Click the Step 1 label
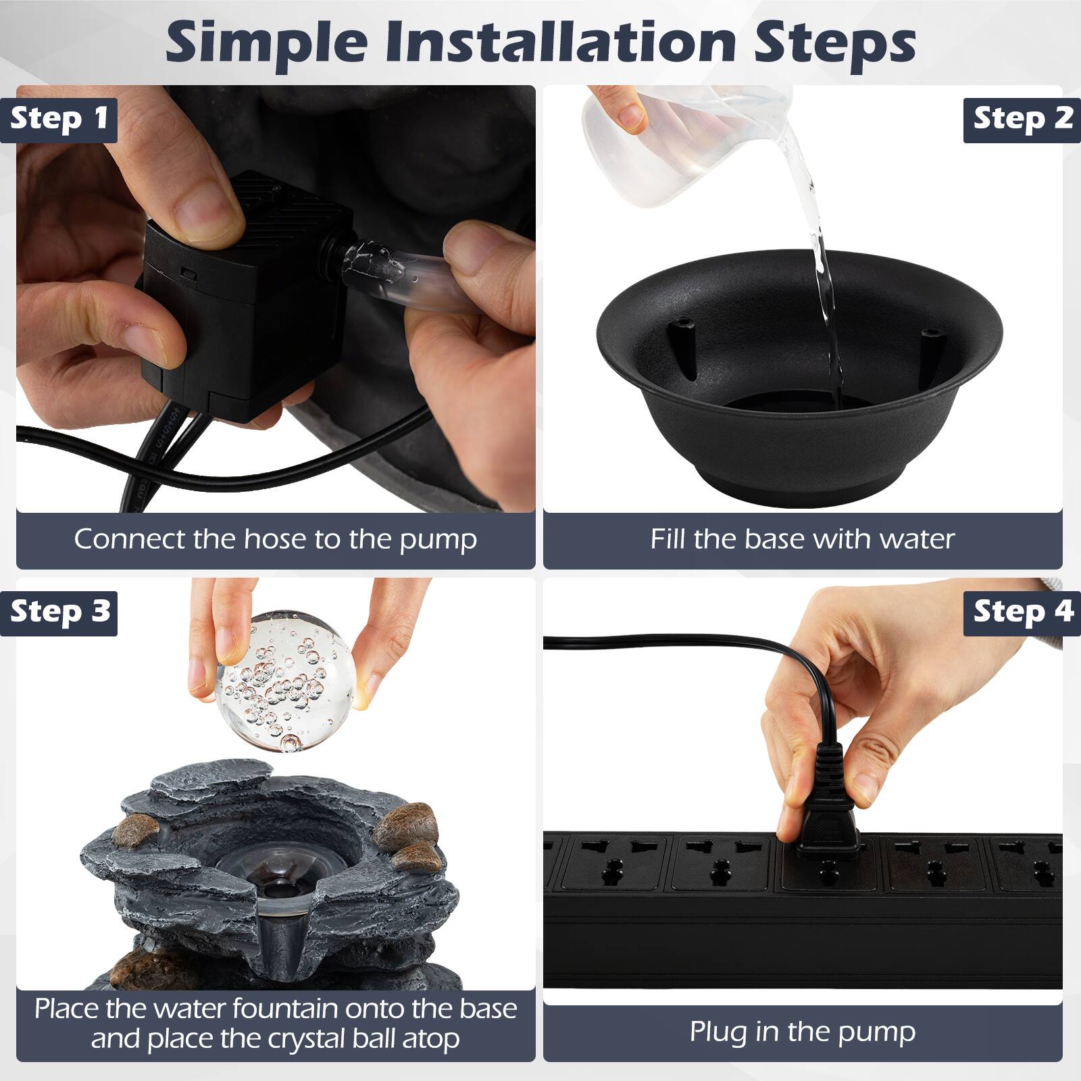tap(59, 119)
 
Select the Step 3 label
tap(59, 612)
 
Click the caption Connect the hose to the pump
tap(276, 539)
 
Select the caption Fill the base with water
tap(803, 539)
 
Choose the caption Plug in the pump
tap(803, 1032)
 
